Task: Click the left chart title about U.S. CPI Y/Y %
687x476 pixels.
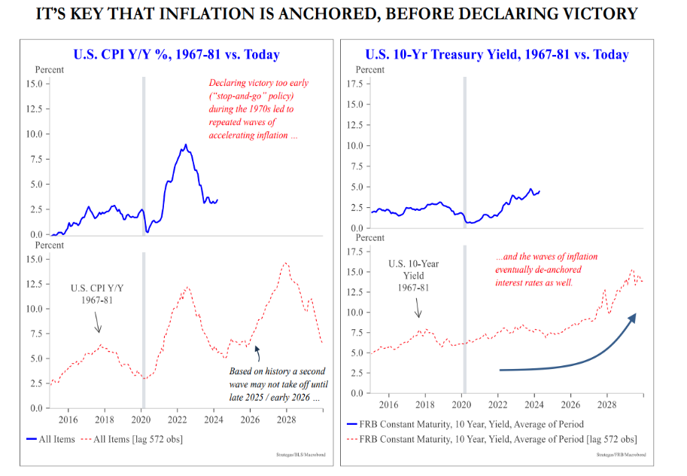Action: coord(176,54)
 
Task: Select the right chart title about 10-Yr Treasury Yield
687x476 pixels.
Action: coord(497,54)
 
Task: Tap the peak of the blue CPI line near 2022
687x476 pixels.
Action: coord(186,145)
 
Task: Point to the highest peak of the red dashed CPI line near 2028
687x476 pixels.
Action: coord(285,263)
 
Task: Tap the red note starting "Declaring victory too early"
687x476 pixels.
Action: coord(258,110)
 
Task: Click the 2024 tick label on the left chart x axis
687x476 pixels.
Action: coord(214,420)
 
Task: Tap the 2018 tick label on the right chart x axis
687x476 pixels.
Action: coord(424,405)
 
